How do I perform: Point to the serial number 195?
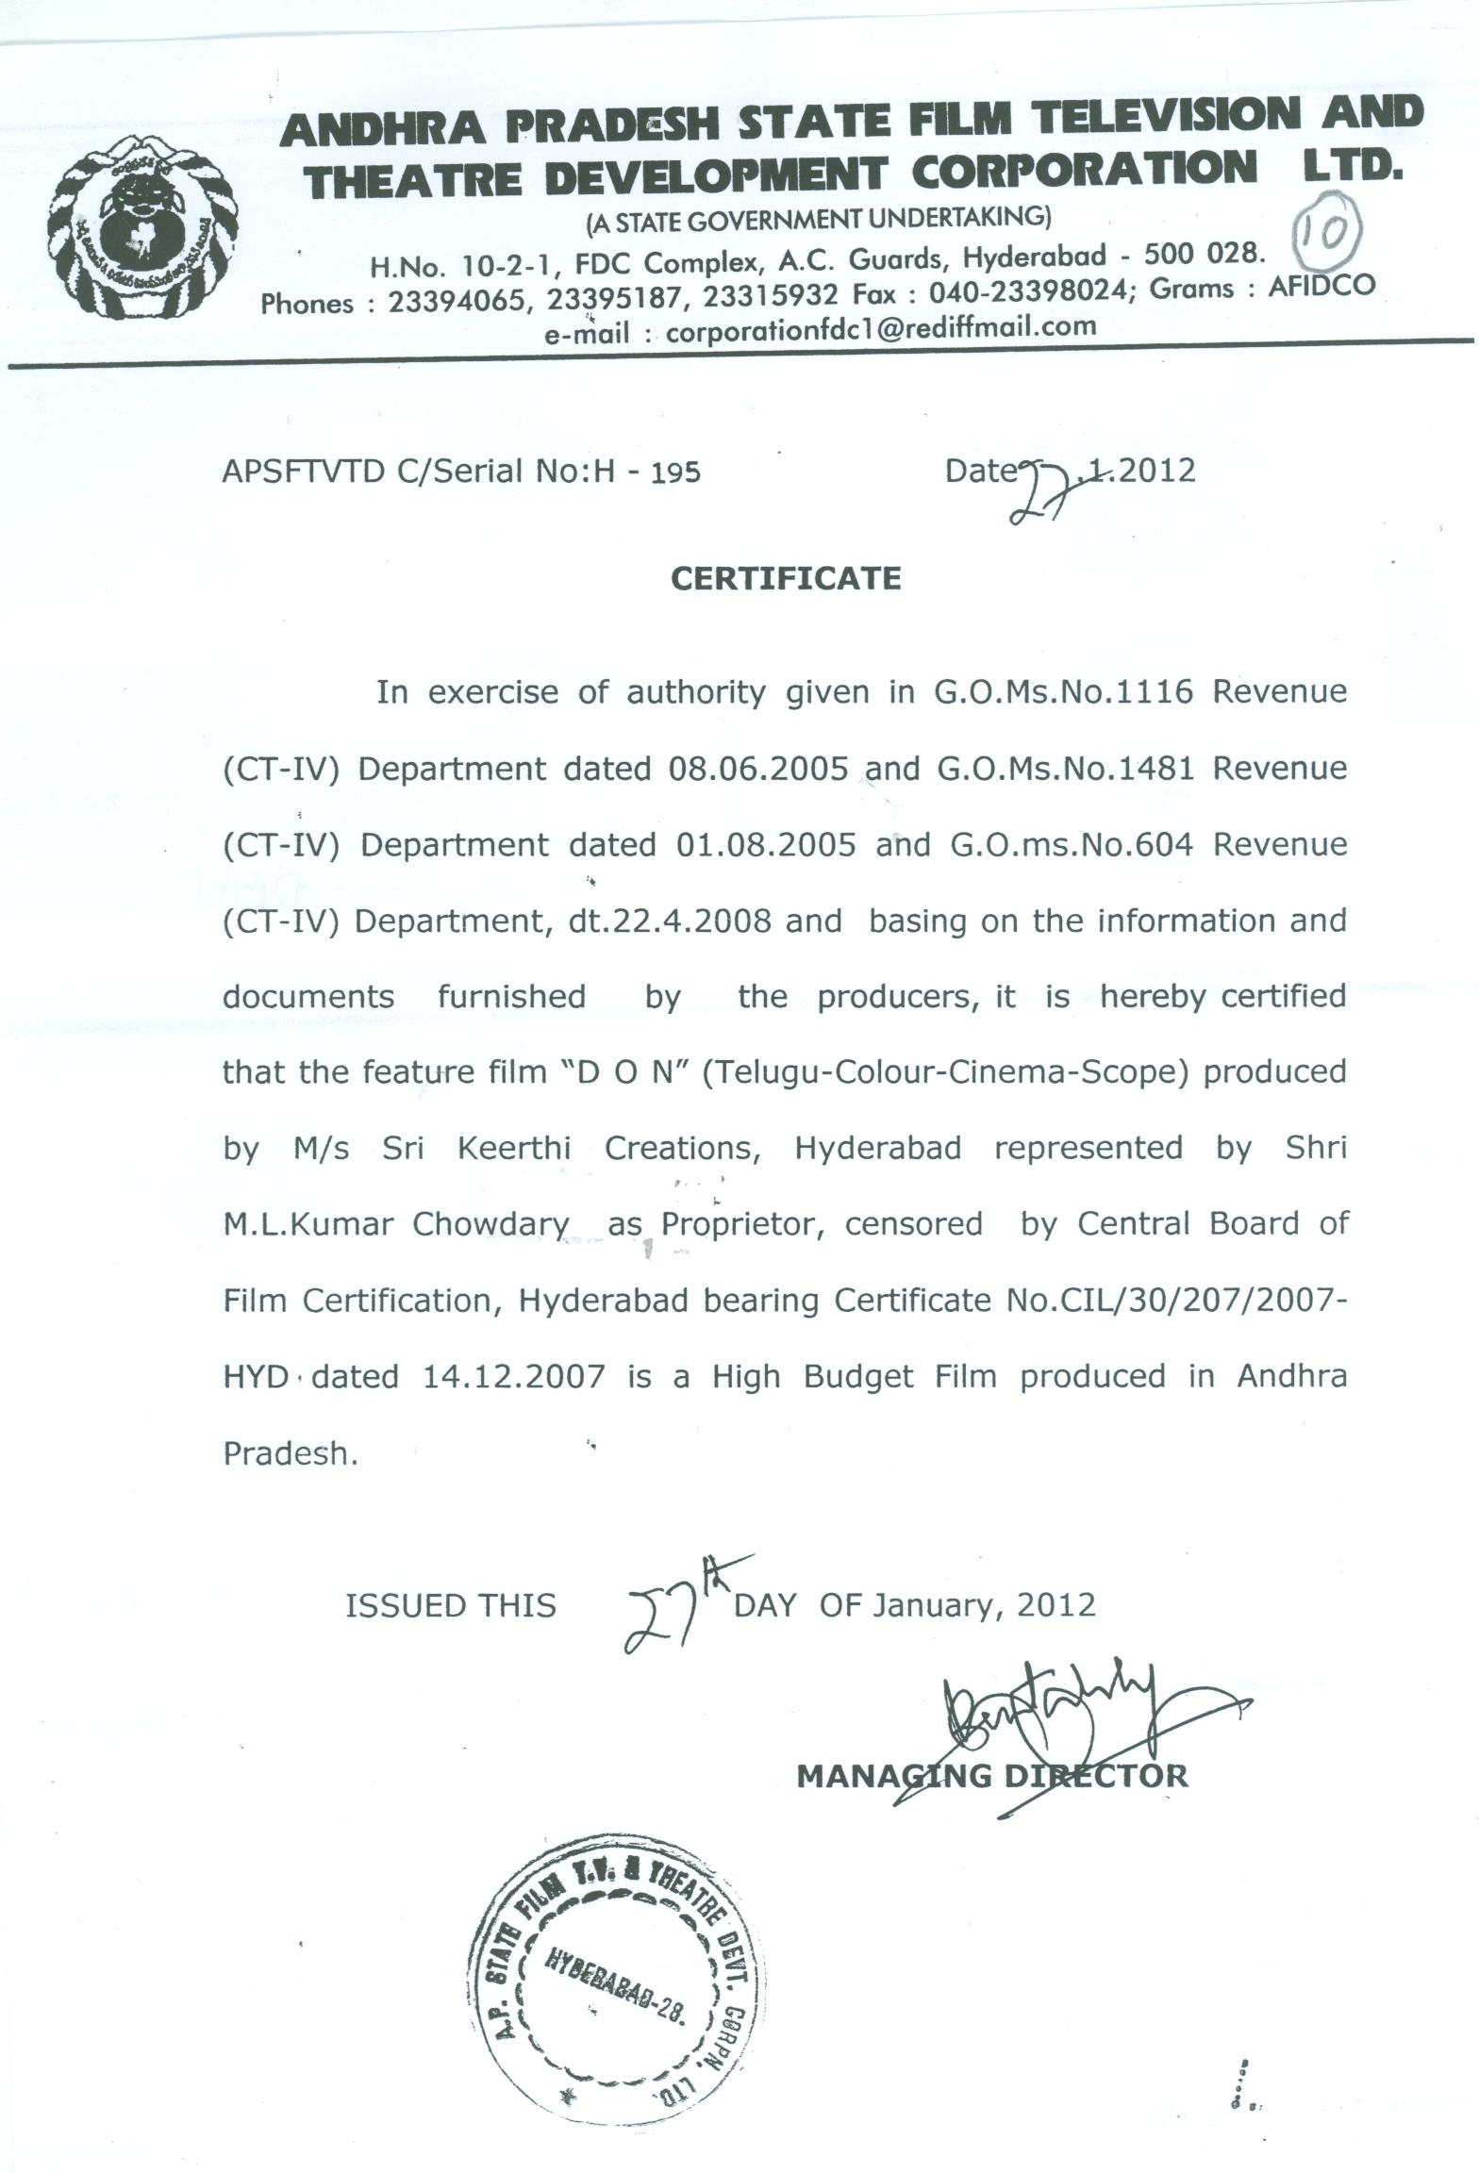click(x=674, y=472)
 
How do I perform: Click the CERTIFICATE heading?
click(x=786, y=578)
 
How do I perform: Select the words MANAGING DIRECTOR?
click(x=991, y=1777)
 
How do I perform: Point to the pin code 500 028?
click(x=1202, y=255)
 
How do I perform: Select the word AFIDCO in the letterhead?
click(x=1321, y=286)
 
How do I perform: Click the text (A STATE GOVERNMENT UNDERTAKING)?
click(x=818, y=220)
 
